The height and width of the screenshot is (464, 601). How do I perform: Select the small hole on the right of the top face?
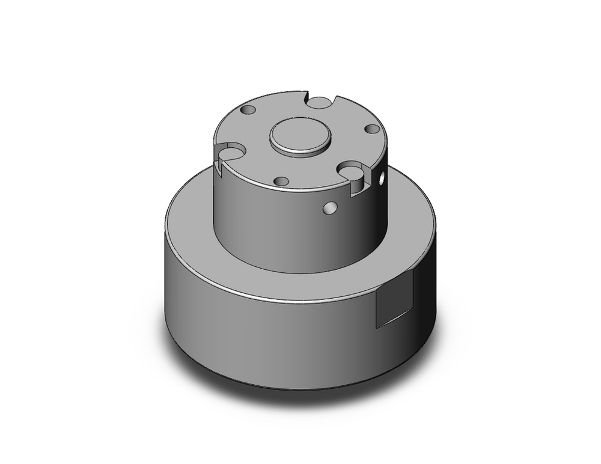coord(372,129)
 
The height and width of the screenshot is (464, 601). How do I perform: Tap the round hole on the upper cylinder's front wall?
coord(329,208)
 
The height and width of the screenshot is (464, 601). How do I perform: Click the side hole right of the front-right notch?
coord(381,178)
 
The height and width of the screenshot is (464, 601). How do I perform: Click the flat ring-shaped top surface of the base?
coord(192,222)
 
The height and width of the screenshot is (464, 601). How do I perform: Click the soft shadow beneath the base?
coord(300,397)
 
